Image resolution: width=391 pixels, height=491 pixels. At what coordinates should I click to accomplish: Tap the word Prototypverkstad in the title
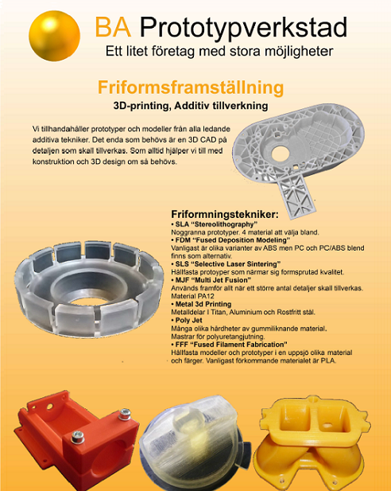pos(243,29)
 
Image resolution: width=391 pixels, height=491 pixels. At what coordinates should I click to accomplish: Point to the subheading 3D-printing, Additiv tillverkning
pos(190,106)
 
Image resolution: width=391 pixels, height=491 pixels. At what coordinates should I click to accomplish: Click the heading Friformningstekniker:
pos(225,214)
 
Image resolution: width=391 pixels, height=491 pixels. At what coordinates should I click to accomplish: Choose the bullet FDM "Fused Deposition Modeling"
pos(230,240)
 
